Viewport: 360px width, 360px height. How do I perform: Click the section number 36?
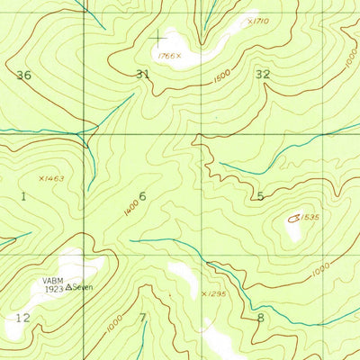[23, 76]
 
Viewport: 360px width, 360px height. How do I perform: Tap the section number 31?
[142, 74]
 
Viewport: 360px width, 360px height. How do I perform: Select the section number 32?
[263, 74]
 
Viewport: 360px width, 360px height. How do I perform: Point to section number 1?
[22, 194]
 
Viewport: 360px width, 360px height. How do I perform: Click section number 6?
[142, 196]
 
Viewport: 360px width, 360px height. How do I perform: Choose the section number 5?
[260, 196]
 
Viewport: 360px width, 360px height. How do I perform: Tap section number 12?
[22, 318]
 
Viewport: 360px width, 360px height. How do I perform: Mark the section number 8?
[260, 317]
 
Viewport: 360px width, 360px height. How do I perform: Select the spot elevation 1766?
[166, 56]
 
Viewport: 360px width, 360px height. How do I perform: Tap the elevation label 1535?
[311, 217]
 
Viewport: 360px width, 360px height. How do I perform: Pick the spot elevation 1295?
[215, 294]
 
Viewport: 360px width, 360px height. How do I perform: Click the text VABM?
[53, 280]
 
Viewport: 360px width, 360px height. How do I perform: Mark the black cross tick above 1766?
[160, 37]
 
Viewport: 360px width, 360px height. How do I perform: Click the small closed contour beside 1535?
[294, 217]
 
